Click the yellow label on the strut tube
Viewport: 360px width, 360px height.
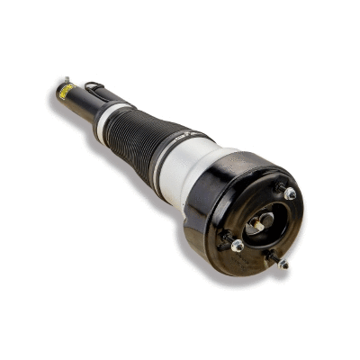[x=65, y=91]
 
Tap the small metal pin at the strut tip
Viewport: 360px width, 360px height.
[x=67, y=78]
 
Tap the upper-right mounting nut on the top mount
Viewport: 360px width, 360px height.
[x=290, y=193]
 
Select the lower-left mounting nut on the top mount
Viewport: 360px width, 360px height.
[x=238, y=245]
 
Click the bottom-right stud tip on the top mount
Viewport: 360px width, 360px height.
[x=285, y=265]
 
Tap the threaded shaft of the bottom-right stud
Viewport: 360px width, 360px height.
[x=277, y=260]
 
